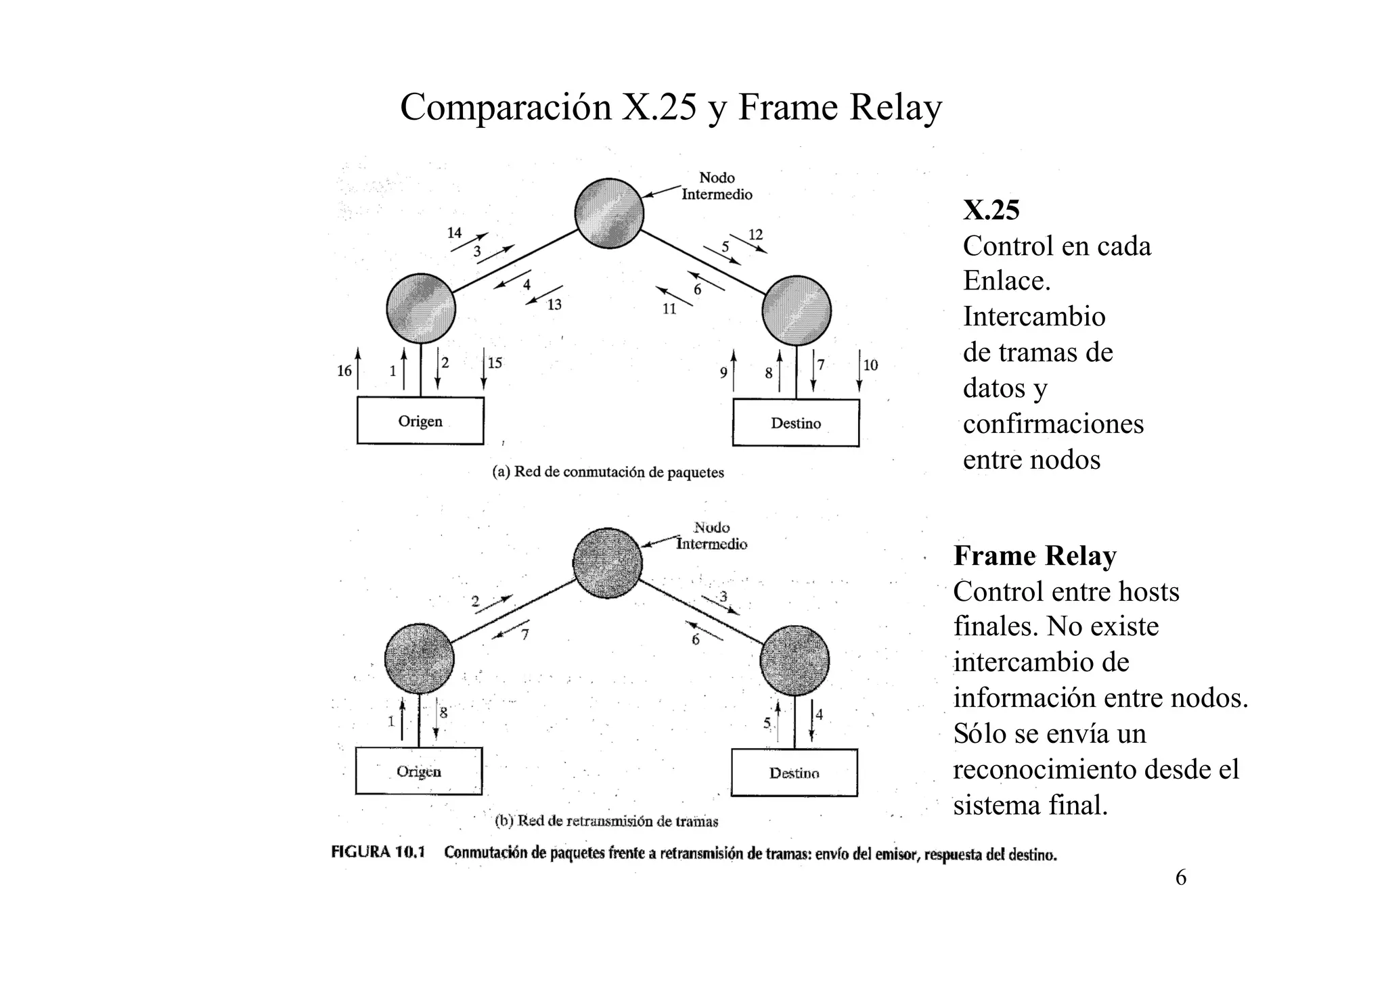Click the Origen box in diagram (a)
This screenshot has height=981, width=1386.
(x=420, y=421)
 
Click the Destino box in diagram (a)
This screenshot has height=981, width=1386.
(x=796, y=424)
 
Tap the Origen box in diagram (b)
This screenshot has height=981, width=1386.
(x=419, y=771)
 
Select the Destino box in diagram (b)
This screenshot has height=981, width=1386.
(x=795, y=773)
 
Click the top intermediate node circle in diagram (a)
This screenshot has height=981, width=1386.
(x=609, y=213)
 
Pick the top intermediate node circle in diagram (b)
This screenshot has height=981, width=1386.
(x=608, y=563)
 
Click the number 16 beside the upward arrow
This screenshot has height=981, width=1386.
(x=344, y=371)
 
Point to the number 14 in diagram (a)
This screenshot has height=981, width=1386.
(x=454, y=233)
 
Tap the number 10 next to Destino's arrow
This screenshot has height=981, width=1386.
(x=871, y=365)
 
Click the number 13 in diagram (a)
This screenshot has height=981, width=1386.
(x=554, y=305)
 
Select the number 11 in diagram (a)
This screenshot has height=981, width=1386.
(x=669, y=309)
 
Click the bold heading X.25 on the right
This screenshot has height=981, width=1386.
(x=991, y=210)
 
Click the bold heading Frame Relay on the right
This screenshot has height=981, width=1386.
(x=1035, y=556)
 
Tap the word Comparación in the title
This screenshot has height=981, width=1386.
(x=506, y=107)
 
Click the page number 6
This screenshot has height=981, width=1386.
(x=1181, y=877)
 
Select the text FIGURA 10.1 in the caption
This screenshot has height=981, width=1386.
(x=378, y=852)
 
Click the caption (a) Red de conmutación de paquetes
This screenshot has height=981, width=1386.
(x=608, y=472)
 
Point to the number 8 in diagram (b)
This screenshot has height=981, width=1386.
(x=444, y=712)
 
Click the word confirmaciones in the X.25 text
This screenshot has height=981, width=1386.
(x=1053, y=424)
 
